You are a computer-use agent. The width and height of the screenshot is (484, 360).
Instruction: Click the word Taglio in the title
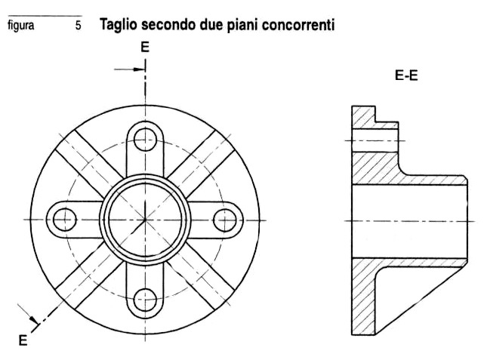[119, 25]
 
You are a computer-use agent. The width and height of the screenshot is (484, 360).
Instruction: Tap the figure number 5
[78, 26]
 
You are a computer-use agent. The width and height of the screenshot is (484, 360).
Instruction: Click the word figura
[21, 26]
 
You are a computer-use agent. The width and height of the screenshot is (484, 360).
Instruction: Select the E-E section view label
[406, 75]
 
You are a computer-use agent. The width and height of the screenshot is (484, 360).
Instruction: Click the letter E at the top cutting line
[145, 48]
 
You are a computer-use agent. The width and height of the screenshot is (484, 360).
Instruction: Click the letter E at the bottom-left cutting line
[23, 340]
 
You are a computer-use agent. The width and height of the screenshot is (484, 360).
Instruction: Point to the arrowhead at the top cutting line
[139, 69]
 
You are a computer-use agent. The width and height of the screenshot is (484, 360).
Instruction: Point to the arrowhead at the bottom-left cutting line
[34, 320]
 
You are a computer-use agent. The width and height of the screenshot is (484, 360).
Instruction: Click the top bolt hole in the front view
[145, 140]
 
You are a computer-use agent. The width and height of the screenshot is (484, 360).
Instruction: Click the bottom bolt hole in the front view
[145, 300]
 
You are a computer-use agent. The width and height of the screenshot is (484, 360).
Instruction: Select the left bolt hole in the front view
[65, 220]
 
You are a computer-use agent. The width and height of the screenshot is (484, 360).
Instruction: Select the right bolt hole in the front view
[225, 220]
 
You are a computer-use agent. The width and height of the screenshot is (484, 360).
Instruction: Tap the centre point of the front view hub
[145, 220]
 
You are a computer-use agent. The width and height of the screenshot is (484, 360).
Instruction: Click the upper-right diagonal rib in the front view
[201, 164]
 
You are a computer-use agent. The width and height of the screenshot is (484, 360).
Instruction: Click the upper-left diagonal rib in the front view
[90, 164]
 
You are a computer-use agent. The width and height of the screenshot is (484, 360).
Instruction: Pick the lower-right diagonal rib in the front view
[201, 275]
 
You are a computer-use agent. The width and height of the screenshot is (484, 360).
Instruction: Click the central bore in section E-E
[409, 221]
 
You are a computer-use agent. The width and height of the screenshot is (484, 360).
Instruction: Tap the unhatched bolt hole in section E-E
[375, 140]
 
